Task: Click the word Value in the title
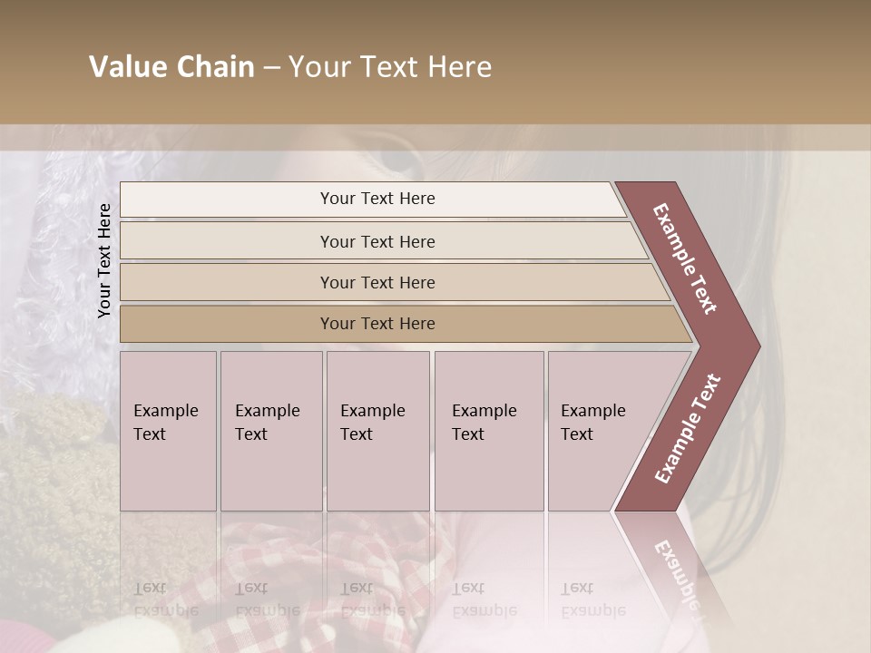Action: (x=128, y=67)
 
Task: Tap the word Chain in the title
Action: (x=215, y=67)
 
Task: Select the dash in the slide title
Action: (x=271, y=68)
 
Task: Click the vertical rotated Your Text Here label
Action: (x=104, y=260)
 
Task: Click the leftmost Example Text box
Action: (x=168, y=431)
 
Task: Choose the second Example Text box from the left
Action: (x=270, y=431)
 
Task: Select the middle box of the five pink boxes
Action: (x=377, y=431)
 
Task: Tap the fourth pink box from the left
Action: (x=488, y=431)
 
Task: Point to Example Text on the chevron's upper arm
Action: (x=685, y=258)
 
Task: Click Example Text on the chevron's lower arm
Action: (x=687, y=429)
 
